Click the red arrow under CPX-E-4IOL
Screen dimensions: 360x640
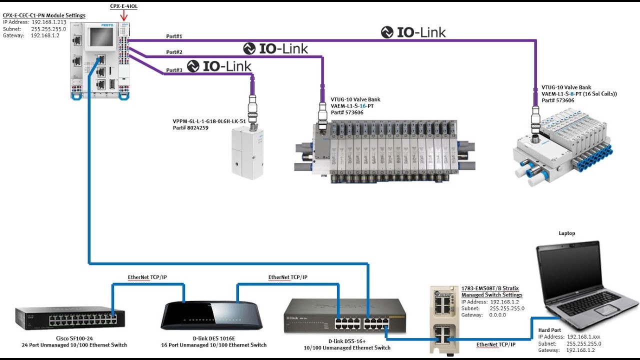[123, 17]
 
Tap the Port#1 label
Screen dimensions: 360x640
[174, 36]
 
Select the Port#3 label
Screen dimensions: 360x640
[174, 70]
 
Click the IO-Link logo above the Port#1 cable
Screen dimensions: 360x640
[413, 32]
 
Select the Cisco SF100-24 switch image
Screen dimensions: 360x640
[70, 318]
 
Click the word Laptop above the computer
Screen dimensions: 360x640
[566, 233]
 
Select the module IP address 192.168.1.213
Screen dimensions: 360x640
[49, 22]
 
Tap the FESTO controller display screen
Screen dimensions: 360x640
[100, 37]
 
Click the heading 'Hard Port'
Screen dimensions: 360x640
[549, 330]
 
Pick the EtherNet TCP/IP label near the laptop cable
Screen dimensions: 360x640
[495, 344]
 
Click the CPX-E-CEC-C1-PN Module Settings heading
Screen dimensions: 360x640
[44, 15]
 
